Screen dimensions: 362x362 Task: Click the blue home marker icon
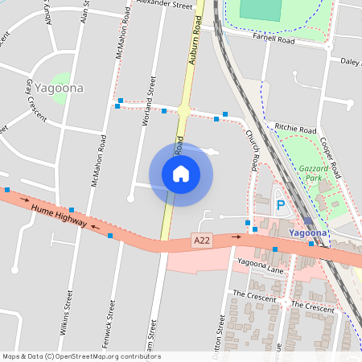[181, 174]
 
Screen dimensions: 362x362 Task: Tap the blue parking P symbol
[281, 205]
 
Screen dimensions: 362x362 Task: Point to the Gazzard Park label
[310, 173]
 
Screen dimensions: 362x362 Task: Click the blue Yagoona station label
[307, 233]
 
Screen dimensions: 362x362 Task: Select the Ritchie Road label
[294, 129]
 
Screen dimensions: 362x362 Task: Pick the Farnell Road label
[274, 38]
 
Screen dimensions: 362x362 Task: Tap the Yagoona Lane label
[261, 265]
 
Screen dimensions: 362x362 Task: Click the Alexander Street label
[166, 5]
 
